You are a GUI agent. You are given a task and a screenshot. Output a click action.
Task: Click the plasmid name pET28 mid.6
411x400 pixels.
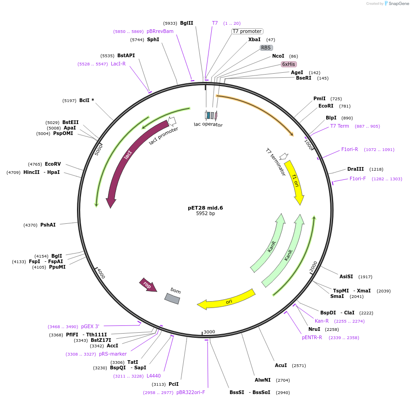205,208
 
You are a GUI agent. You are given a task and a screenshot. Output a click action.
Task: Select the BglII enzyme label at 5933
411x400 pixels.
186,23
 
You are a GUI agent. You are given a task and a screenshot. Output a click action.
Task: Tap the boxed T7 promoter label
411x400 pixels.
247,32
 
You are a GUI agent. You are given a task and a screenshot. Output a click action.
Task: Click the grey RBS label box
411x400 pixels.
266,48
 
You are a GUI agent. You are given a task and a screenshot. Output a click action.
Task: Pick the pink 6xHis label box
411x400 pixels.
289,64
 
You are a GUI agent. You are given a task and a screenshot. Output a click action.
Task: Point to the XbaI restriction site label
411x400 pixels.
254,40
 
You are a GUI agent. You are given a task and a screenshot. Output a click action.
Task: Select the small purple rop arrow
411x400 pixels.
148,285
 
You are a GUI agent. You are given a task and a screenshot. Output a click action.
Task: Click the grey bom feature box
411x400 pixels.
173,297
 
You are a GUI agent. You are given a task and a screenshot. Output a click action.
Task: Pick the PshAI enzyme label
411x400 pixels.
48,225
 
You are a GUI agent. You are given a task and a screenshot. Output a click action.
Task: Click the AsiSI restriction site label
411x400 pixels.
346,276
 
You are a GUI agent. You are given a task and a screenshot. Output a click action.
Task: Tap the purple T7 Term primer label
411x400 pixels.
340,126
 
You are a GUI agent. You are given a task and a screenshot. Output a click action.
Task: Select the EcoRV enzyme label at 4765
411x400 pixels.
53,164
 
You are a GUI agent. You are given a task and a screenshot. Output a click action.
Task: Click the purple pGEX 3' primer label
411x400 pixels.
90,326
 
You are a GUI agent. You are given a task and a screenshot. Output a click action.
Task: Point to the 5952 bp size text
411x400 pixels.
205,214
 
